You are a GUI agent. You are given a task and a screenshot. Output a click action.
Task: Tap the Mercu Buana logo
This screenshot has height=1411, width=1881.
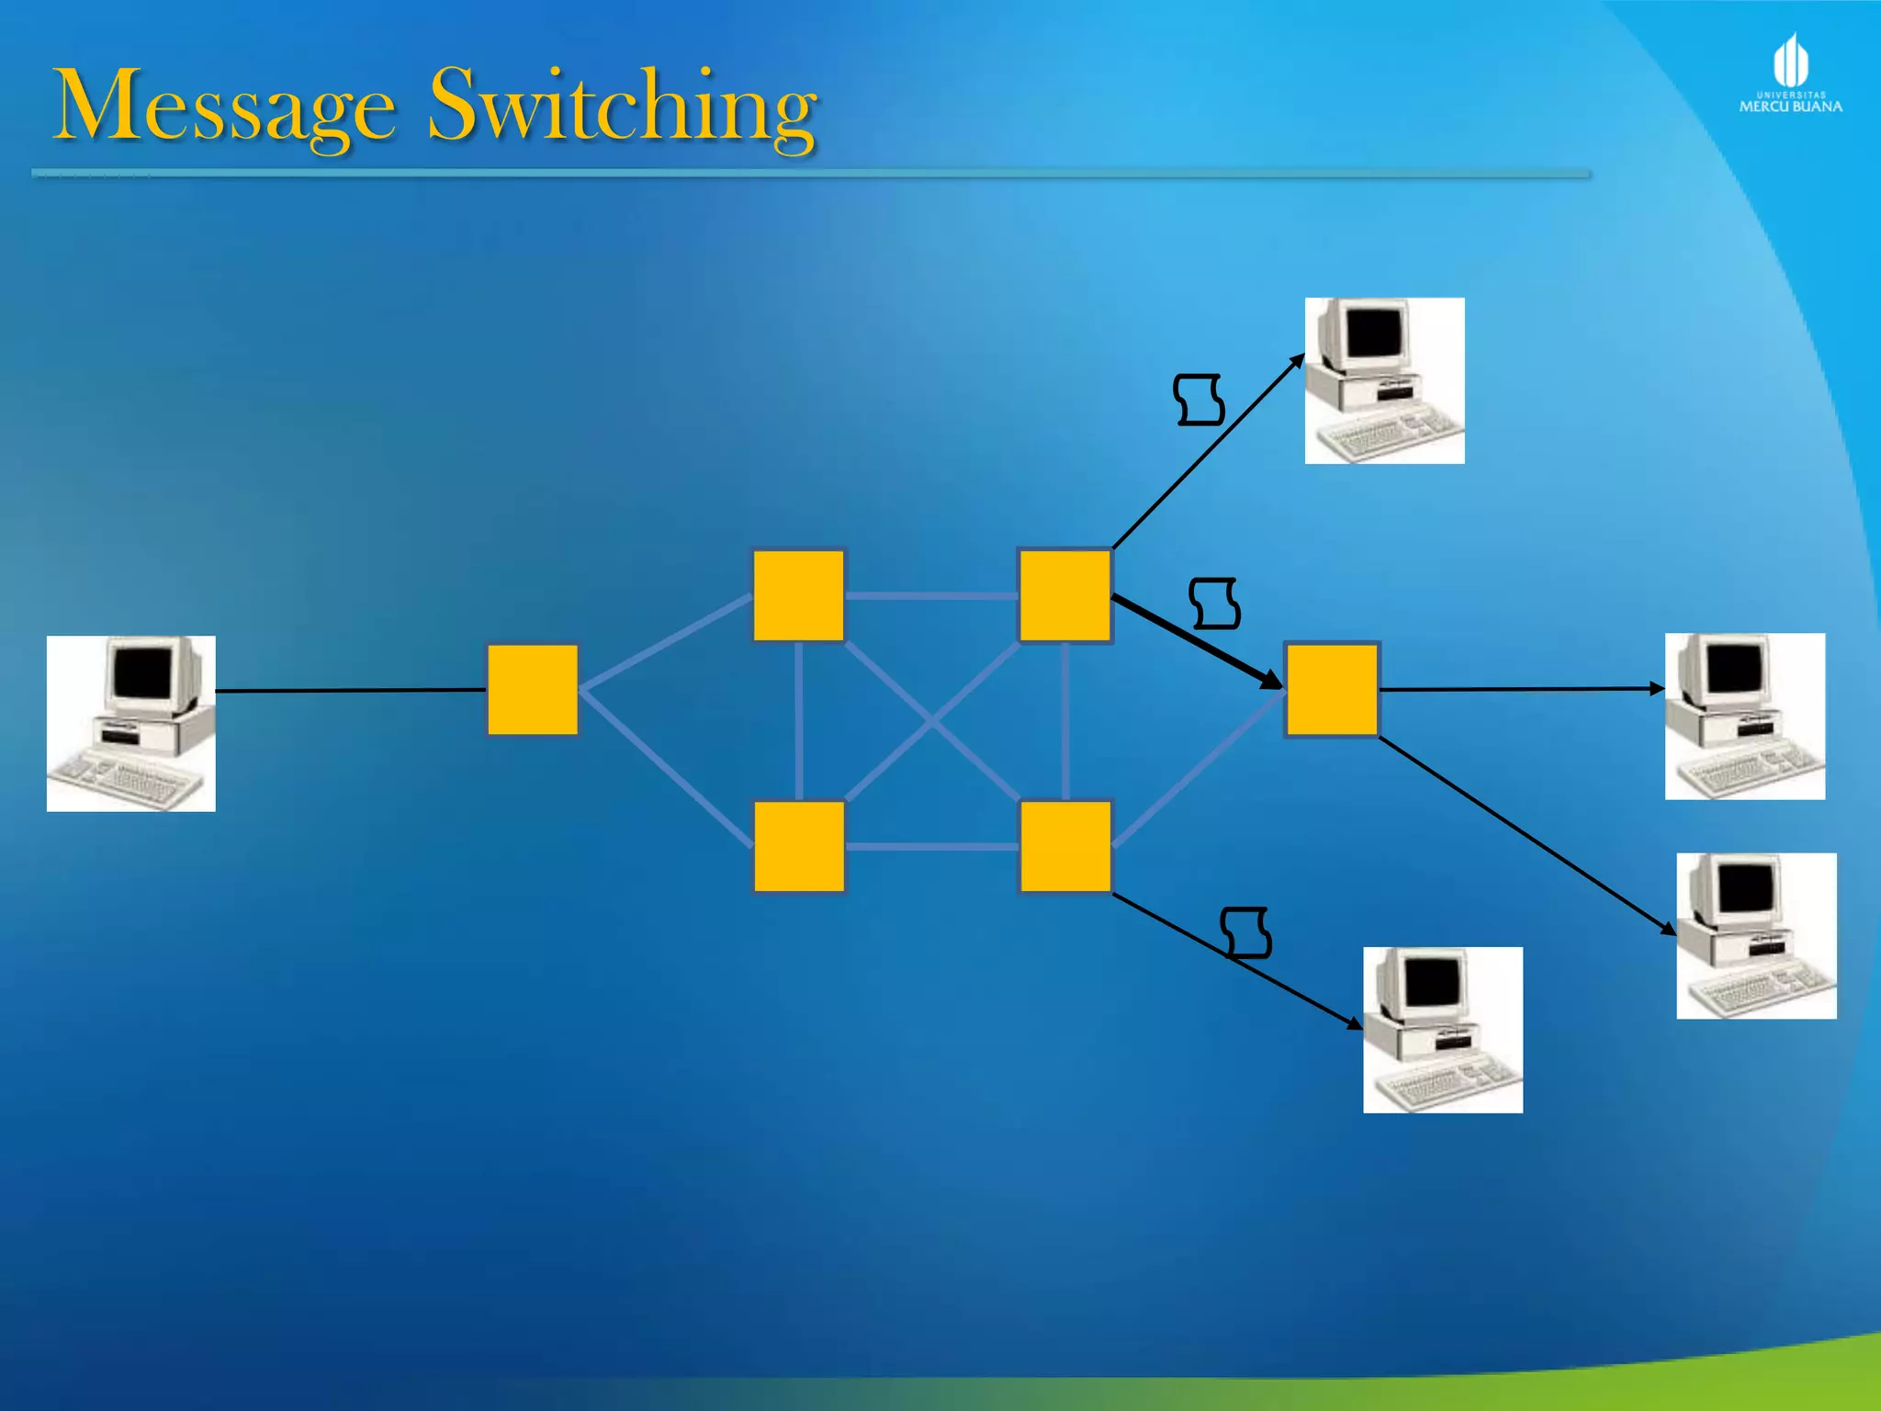[1790, 73]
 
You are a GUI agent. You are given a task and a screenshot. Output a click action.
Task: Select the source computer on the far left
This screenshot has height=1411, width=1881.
[131, 723]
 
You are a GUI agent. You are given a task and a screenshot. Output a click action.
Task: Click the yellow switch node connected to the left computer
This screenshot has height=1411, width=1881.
[533, 690]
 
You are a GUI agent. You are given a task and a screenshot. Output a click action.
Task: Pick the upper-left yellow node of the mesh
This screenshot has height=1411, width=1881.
[798, 595]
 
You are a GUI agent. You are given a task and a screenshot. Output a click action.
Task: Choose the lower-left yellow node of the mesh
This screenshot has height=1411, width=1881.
[799, 846]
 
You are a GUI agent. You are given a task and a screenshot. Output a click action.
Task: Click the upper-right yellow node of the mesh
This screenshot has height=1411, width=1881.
[1064, 595]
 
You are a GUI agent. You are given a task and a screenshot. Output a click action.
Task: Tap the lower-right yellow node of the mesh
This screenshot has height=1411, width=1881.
[1065, 846]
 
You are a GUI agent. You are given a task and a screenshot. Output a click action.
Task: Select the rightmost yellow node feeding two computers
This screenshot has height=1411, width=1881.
[1332, 690]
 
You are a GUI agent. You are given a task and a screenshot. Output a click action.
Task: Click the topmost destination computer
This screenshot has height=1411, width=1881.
[1384, 380]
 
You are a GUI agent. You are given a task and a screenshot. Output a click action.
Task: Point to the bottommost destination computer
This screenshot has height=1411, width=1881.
[1442, 1030]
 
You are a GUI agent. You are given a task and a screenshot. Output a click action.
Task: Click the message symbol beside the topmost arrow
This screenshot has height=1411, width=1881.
[1199, 400]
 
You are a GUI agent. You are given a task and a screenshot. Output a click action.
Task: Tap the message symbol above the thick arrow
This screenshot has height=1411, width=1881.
[1214, 604]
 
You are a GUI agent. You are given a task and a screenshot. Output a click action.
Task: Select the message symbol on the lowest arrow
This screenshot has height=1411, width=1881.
[1246, 932]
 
